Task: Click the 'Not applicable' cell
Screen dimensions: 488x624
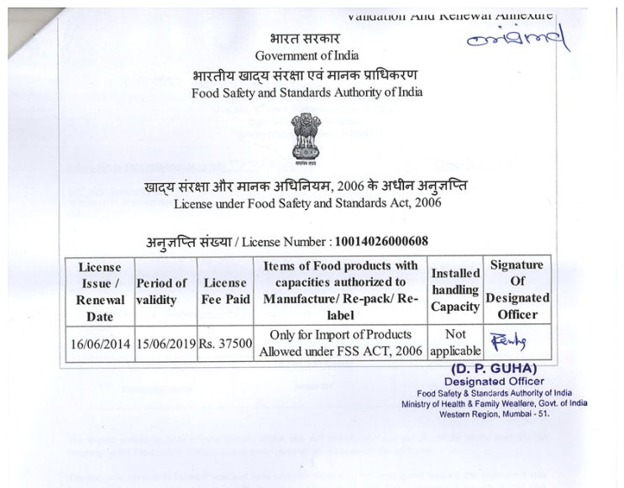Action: (x=455, y=341)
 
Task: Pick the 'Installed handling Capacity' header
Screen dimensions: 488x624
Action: (x=455, y=290)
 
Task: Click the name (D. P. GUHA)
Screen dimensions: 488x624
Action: (x=494, y=369)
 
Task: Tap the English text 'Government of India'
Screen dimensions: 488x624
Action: (x=307, y=55)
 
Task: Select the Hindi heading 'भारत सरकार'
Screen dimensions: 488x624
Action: (x=306, y=39)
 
